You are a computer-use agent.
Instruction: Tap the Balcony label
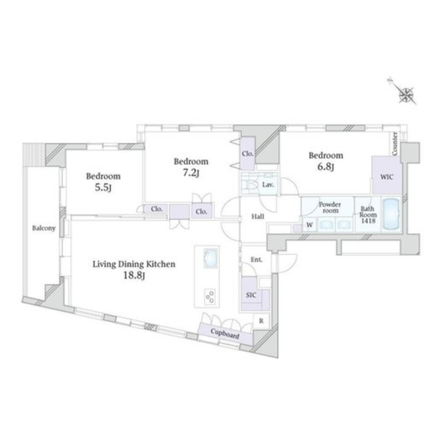click(x=44, y=228)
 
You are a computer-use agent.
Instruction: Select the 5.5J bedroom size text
click(x=103, y=188)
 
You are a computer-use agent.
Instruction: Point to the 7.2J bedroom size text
click(x=191, y=173)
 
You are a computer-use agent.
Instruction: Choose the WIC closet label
click(x=383, y=178)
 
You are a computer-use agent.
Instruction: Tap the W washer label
click(x=309, y=225)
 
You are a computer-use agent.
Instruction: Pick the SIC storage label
click(x=251, y=295)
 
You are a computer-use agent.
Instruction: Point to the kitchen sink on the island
click(x=211, y=258)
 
